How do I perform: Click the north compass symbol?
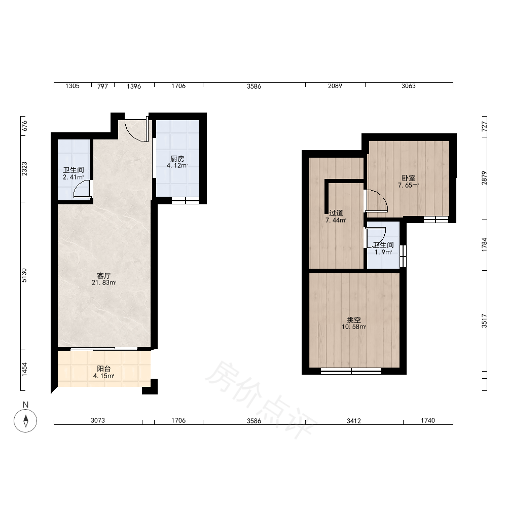coord(25,421)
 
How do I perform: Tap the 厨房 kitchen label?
coord(177,159)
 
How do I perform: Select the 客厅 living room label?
coord(104,276)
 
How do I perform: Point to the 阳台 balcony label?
coord(104,369)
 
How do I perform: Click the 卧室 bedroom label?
coord(408,178)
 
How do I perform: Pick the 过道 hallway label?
coord(336,213)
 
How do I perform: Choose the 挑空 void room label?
coord(354,320)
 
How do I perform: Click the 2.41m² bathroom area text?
coord(74,177)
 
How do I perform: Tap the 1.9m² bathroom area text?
coord(383,252)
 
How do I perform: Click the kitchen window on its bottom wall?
coord(185,200)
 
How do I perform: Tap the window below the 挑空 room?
coord(351,371)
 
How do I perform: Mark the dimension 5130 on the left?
coord(24,275)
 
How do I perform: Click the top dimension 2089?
coord(335,86)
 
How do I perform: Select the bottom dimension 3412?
coord(354,421)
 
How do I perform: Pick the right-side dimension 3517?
coord(484,321)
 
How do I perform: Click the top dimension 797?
coord(102,86)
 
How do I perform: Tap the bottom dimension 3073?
coord(98,420)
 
